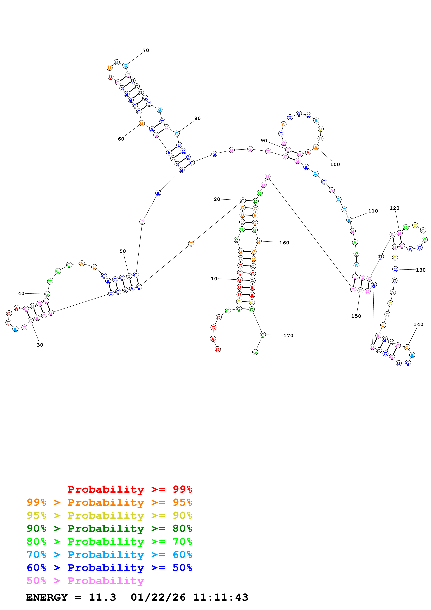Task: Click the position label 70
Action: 146,50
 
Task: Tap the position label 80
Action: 197,118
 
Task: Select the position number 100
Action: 335,164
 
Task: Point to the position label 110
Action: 373,211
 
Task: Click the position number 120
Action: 394,208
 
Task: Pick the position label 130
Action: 421,270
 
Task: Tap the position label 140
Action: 418,324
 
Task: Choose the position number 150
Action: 356,316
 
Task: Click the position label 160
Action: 284,243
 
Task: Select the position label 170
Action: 288,336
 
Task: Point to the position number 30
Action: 40,345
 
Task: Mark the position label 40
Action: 21,293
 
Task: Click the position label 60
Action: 121,139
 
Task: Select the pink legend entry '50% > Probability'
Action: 85,580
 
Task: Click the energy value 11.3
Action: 103,597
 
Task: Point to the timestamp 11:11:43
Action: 220,597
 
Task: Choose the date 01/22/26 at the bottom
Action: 158,597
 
